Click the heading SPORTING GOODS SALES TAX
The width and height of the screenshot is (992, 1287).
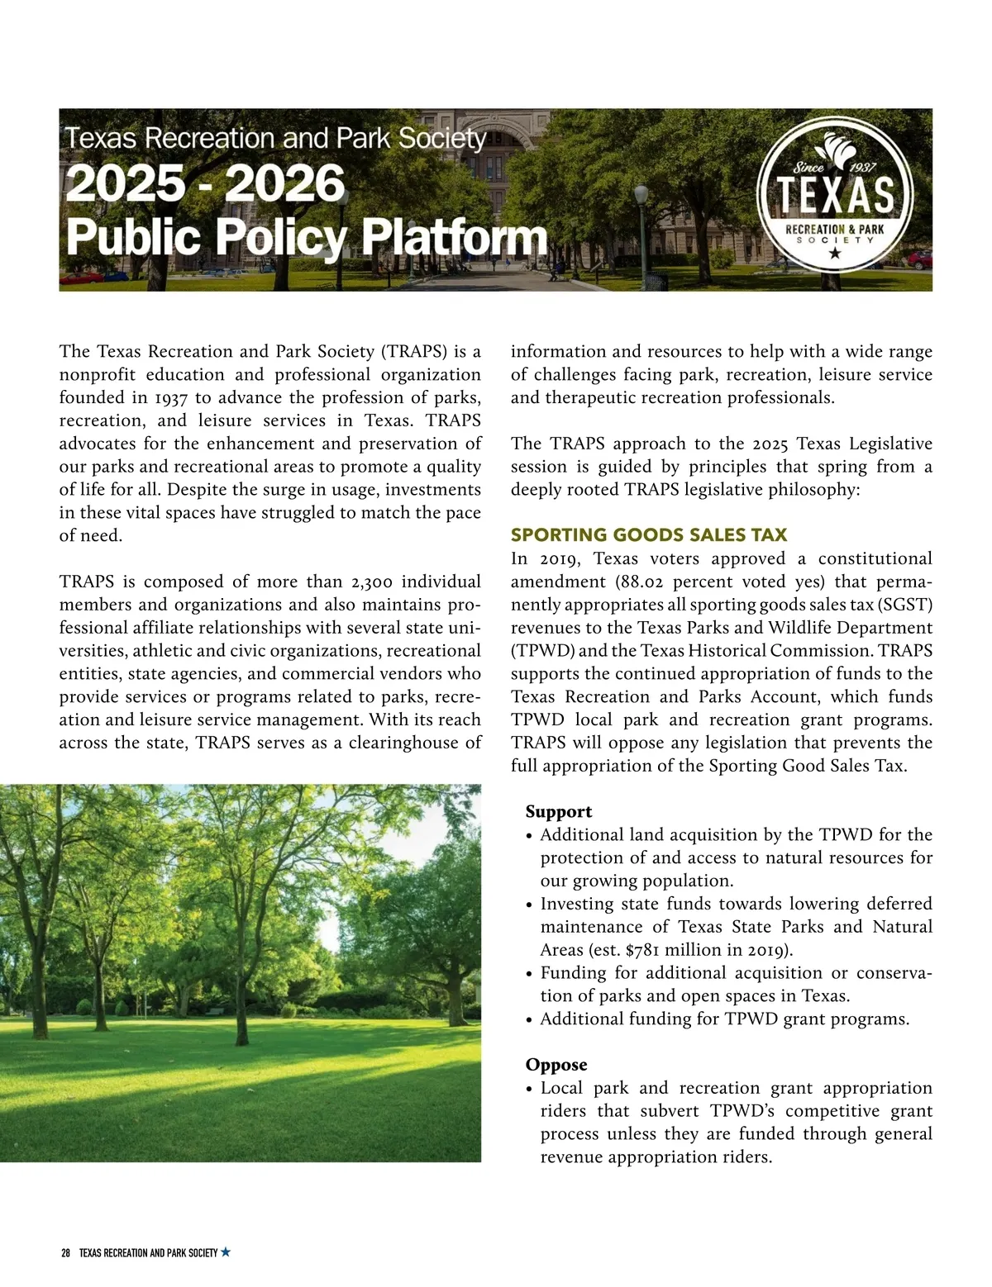point(649,534)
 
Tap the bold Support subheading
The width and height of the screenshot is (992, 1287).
point(559,811)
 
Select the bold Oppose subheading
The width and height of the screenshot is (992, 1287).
point(556,1065)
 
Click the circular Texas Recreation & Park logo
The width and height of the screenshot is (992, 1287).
point(835,199)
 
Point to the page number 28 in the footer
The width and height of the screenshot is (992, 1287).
point(65,1253)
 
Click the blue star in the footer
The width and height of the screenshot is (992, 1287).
point(226,1252)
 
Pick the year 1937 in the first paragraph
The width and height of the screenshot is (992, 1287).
point(171,397)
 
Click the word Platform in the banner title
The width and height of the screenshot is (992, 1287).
point(454,236)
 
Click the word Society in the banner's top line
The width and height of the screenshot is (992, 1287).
point(442,138)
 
